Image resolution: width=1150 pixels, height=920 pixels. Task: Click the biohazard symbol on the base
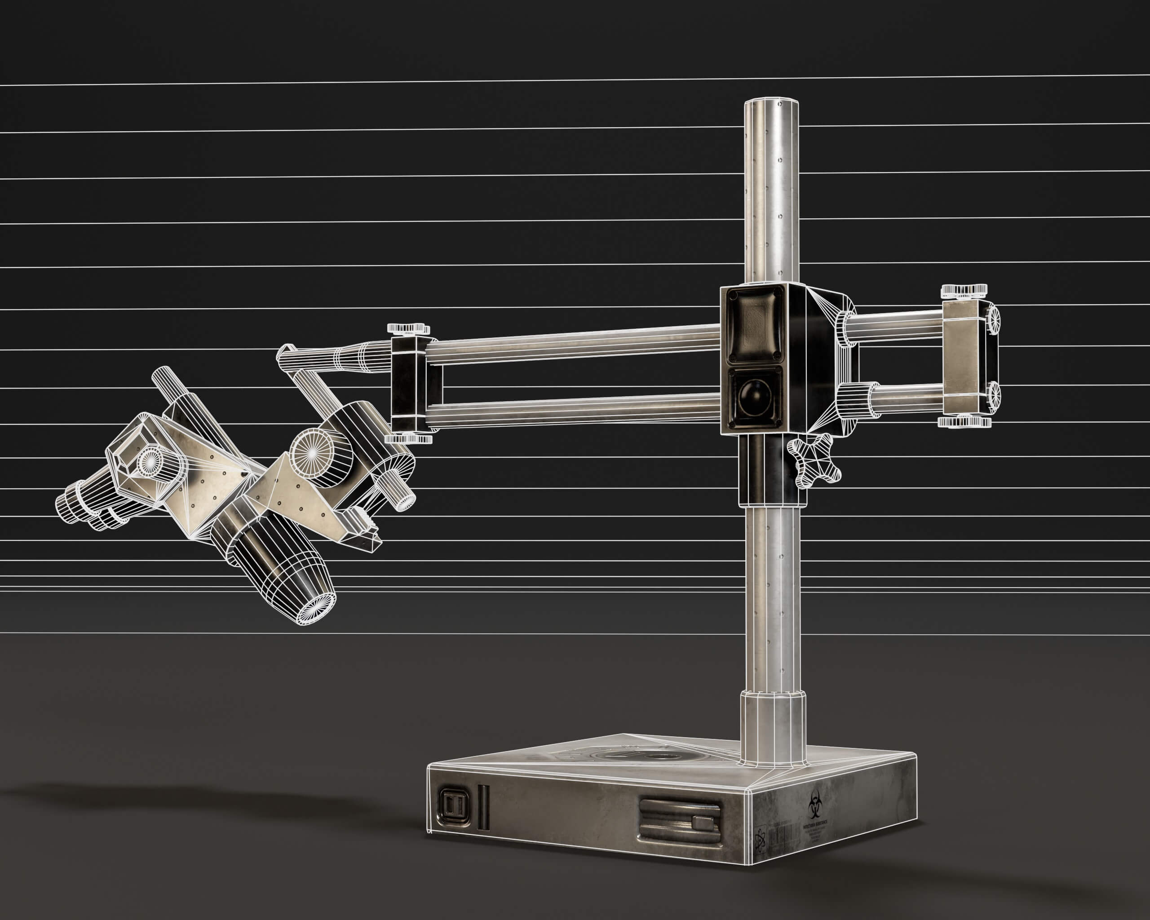point(814,805)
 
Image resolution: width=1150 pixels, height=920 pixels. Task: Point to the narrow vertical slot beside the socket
point(483,806)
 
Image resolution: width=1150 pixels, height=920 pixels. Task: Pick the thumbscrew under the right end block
point(964,422)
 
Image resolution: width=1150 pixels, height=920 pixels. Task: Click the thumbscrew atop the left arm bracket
point(408,328)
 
